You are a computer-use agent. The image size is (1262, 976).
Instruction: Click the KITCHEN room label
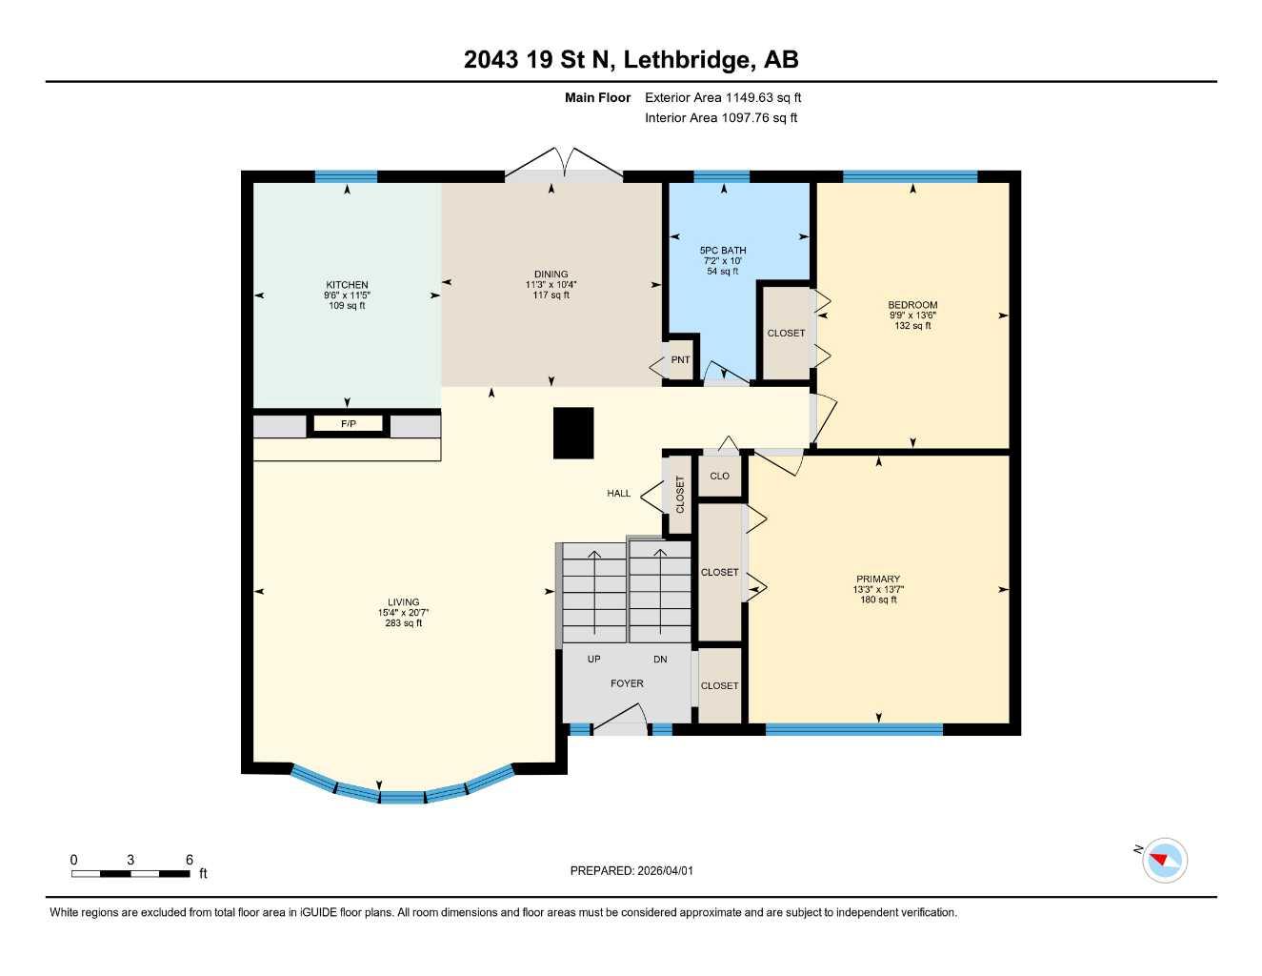(347, 285)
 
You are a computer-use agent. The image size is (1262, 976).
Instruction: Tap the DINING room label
(551, 274)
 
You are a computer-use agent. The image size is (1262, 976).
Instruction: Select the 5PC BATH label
(723, 251)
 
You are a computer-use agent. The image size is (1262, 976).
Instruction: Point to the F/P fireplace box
(349, 424)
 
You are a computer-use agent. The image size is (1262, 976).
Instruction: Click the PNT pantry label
(680, 360)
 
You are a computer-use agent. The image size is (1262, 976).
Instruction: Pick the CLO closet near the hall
(719, 476)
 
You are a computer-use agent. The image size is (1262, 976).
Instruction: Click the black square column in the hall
(573, 433)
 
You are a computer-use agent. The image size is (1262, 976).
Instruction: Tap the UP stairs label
(594, 660)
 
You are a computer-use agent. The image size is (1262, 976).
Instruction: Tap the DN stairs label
(660, 660)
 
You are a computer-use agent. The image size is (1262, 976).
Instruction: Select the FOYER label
(627, 683)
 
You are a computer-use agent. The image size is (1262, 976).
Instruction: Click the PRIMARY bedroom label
(877, 579)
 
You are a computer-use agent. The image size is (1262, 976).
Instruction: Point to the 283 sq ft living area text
(403, 623)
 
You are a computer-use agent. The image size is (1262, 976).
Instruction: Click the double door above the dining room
(564, 166)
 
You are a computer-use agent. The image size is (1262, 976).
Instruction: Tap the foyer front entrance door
(620, 721)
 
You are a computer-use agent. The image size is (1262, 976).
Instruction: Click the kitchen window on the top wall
(346, 176)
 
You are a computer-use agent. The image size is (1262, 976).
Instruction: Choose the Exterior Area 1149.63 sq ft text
(723, 97)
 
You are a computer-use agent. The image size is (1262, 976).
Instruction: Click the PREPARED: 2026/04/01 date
(631, 870)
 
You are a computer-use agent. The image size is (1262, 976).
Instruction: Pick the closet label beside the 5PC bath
(786, 334)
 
